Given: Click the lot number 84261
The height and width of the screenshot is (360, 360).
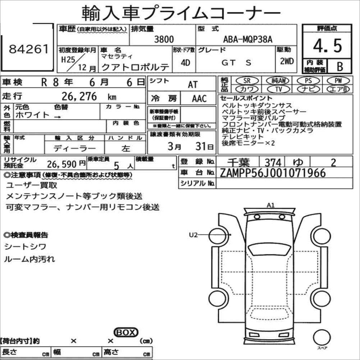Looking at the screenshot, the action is [29, 49].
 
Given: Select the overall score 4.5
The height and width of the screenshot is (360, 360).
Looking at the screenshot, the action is [328, 46].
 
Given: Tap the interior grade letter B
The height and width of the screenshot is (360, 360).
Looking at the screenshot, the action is [340, 66].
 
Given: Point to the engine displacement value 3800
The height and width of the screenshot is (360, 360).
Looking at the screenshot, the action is [164, 39].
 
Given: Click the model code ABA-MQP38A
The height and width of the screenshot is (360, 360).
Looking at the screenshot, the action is [248, 40].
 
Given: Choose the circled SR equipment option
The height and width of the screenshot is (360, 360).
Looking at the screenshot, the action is [247, 80].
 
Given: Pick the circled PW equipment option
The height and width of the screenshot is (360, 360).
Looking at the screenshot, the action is [338, 80].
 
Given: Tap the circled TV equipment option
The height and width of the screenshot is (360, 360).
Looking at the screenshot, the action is [278, 89].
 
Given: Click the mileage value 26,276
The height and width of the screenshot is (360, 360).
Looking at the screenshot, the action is [79, 96].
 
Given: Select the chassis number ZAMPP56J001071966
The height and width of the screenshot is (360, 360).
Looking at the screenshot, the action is [273, 173].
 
